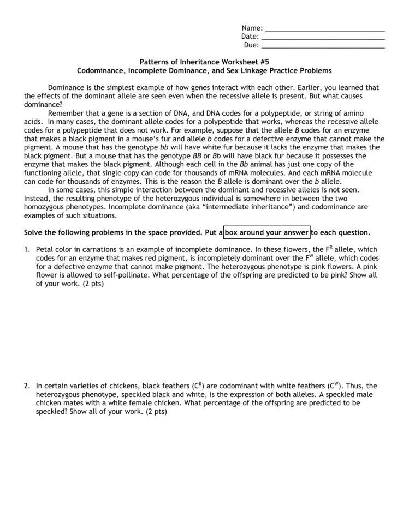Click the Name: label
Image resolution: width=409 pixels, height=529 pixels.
tap(252, 28)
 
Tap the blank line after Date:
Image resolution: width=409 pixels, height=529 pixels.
tap(323, 38)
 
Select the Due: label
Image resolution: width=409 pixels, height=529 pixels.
tap(251, 45)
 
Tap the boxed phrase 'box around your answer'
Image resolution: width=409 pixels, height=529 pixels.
tap(266, 232)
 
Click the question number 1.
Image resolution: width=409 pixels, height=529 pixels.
tap(26, 249)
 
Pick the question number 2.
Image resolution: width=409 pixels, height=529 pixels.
tap(26, 386)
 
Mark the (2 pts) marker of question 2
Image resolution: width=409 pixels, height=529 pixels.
tap(156, 412)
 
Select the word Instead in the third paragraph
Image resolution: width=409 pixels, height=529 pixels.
tap(37, 199)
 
